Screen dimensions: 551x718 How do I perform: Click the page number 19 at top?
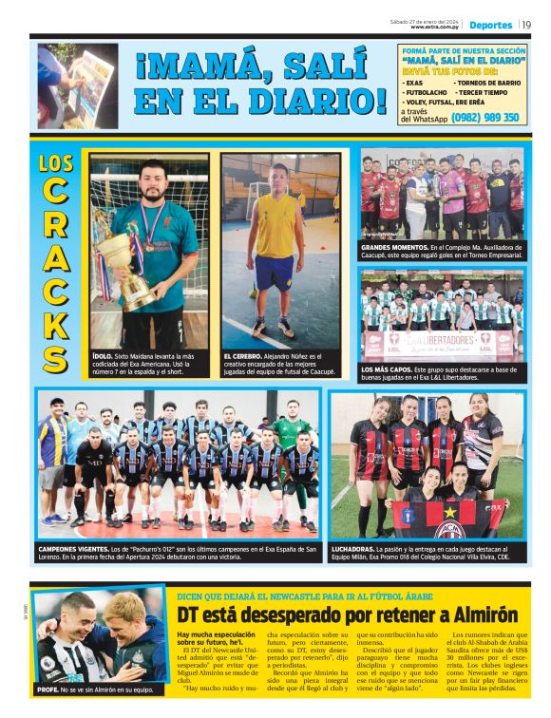(x=526, y=25)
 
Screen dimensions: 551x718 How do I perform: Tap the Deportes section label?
(x=490, y=25)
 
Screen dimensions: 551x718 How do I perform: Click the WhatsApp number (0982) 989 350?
(x=484, y=118)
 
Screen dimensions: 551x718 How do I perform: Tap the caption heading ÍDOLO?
(x=103, y=355)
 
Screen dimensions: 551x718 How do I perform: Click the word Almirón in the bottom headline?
(x=474, y=614)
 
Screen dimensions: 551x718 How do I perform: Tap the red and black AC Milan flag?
(x=446, y=518)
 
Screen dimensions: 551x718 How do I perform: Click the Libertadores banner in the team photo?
(x=441, y=343)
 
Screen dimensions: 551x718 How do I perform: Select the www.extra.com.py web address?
(x=434, y=28)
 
